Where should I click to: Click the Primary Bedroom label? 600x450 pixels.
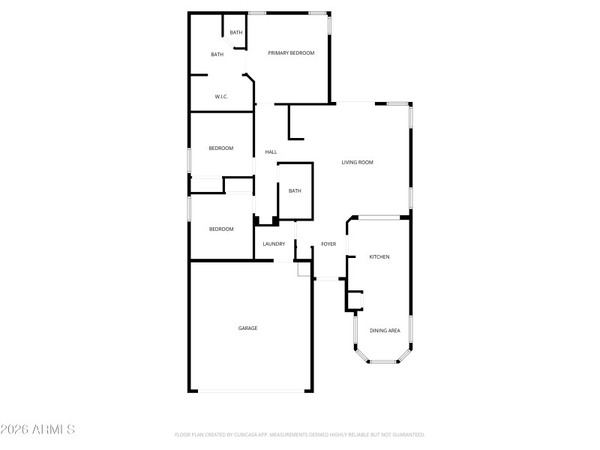coord(291,53)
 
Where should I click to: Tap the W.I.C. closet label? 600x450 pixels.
coord(221,97)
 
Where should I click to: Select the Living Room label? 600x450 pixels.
coord(357,163)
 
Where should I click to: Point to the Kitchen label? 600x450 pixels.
coord(379,257)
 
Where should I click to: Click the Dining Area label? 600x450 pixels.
coord(385,331)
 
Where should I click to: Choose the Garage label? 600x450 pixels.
coord(247,328)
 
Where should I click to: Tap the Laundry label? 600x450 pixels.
coord(274,244)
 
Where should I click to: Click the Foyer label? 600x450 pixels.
coord(328,244)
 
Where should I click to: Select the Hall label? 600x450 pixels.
coord(271,152)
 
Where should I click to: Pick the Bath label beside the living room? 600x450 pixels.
coord(295,191)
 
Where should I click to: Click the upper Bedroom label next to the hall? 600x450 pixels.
coord(220,148)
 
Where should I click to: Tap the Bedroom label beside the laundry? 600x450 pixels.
coord(220,229)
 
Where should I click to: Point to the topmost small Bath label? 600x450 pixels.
coord(236,32)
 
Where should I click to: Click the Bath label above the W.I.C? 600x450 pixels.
coord(217,55)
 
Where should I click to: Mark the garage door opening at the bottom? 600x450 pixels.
coord(251,391)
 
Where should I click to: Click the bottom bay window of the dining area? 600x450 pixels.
coord(383,361)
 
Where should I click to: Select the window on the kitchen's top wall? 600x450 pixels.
coord(379,218)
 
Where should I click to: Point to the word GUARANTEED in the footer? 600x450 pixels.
coord(406,435)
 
